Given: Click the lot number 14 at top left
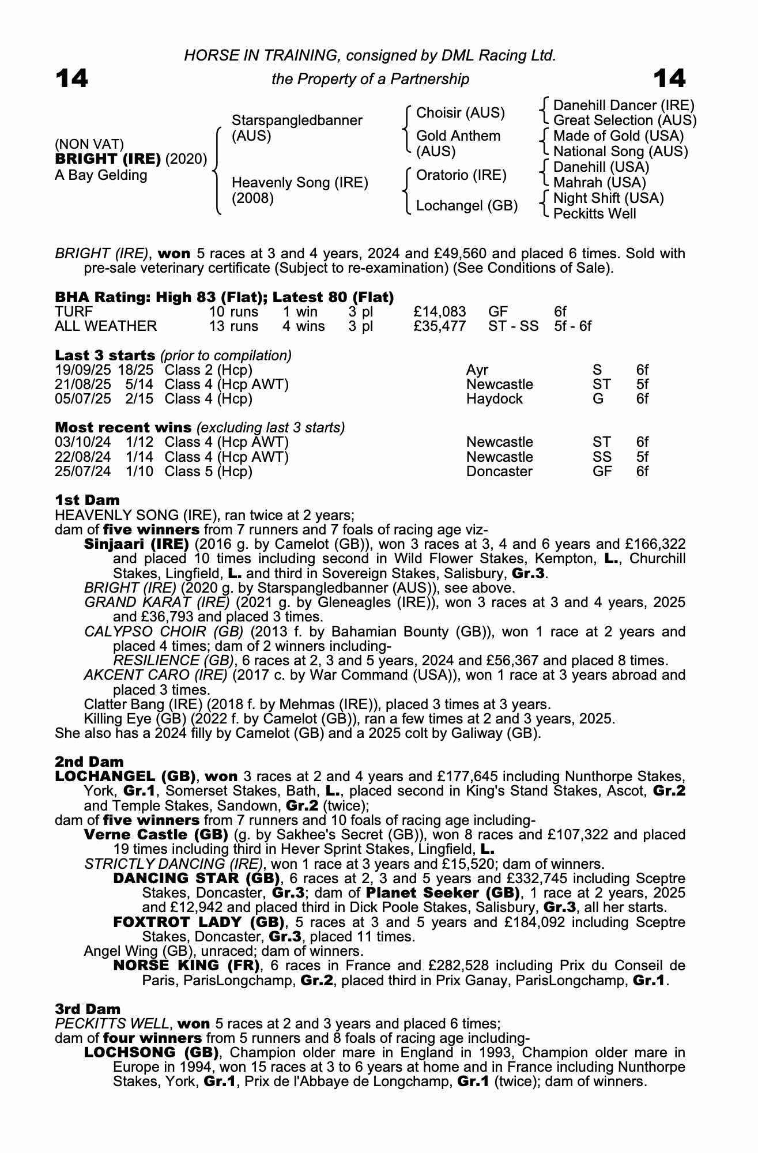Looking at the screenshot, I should pyautogui.click(x=71, y=79).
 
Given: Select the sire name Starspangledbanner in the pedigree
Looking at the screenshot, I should pyautogui.click(x=297, y=120).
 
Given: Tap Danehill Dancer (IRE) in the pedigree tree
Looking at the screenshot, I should pyautogui.click(x=624, y=105).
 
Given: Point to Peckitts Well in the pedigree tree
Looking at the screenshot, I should pyautogui.click(x=594, y=214).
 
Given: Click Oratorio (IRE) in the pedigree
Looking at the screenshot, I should pyautogui.click(x=461, y=175).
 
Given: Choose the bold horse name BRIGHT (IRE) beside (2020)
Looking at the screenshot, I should pyautogui.click(x=108, y=159).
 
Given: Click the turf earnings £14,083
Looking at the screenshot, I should pyautogui.click(x=440, y=312).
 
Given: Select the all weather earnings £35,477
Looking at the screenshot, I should pyautogui.click(x=440, y=326).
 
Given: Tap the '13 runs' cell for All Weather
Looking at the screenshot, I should pyautogui.click(x=233, y=326).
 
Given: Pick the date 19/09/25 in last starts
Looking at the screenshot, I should pyautogui.click(x=83, y=370).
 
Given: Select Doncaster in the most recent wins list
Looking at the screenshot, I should pyautogui.click(x=499, y=472).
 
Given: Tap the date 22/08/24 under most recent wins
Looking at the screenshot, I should pyautogui.click(x=83, y=457).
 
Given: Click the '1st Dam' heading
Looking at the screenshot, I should pyautogui.click(x=87, y=500).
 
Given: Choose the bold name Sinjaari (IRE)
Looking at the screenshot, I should pyautogui.click(x=137, y=544).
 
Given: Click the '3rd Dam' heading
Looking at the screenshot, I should pyautogui.click(x=88, y=1009).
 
